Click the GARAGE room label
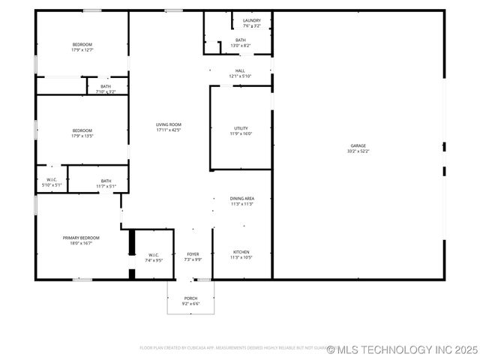[x=358, y=145]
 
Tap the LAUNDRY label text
[x=252, y=20]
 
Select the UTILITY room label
[x=241, y=128]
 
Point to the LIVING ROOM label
[x=169, y=124]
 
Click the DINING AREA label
[x=241, y=199]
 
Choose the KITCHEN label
[x=241, y=252]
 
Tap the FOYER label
[x=193, y=254]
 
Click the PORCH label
[x=191, y=298]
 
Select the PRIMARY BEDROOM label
[x=81, y=238]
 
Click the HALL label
[x=240, y=71]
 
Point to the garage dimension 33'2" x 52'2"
[x=358, y=151]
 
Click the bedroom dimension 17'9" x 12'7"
[x=82, y=50]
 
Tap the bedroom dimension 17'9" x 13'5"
[x=82, y=136]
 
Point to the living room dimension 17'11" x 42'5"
[x=169, y=130]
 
